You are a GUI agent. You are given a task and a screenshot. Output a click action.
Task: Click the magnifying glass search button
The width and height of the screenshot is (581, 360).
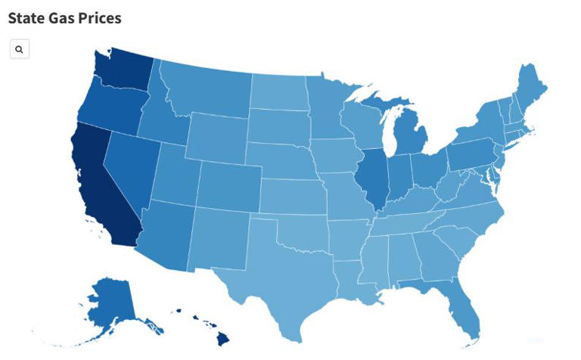coord(19,50)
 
